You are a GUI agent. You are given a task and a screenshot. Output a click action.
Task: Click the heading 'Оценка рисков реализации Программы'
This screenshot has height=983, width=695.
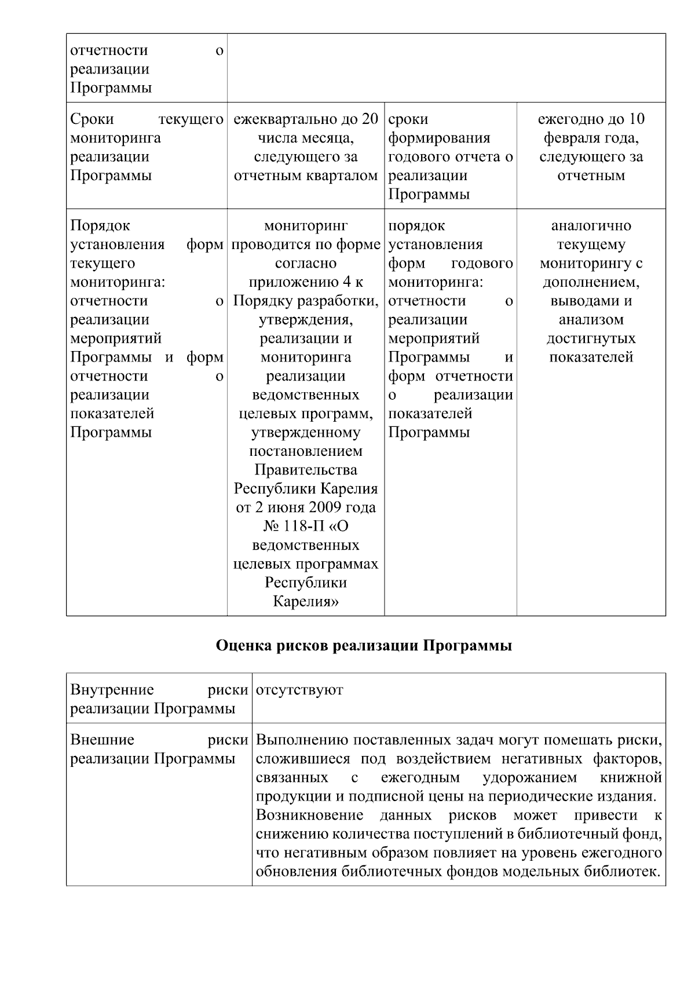point(364,646)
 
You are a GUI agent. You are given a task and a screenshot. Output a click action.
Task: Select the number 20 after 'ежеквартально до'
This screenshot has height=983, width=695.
point(370,119)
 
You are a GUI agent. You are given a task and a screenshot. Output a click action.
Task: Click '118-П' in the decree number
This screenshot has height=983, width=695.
point(313,527)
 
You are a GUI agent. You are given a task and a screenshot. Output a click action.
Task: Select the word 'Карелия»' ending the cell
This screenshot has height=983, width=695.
point(306,602)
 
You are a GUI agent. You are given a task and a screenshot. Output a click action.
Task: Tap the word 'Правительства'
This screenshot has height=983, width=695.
point(306,470)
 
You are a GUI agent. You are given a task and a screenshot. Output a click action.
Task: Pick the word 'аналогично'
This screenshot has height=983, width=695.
point(591,226)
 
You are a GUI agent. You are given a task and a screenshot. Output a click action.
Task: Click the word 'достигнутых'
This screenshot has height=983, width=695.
point(591,339)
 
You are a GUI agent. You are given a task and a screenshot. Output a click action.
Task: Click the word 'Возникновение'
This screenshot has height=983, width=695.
point(310,816)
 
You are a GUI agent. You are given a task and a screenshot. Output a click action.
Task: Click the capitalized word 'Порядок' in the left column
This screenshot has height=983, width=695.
point(100,226)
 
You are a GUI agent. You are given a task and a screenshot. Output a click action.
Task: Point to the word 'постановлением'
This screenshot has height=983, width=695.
point(306,451)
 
